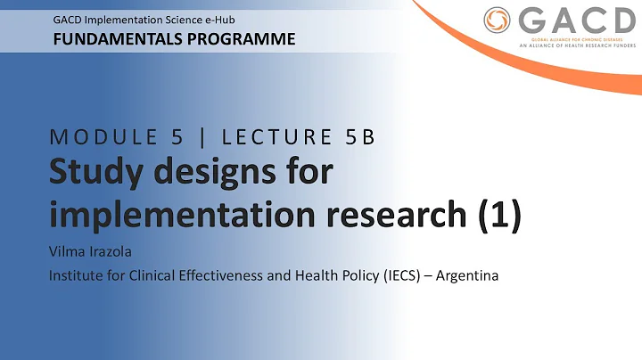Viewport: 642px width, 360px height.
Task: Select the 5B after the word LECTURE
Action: pyautogui.click(x=355, y=137)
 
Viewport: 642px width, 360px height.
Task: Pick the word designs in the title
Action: pyautogui.click(x=224, y=174)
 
